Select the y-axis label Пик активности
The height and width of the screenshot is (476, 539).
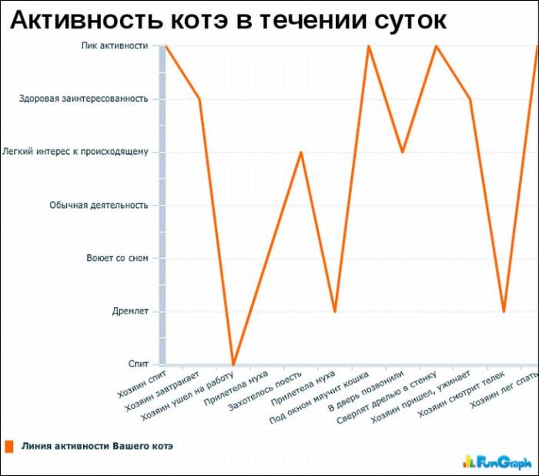click(x=115, y=45)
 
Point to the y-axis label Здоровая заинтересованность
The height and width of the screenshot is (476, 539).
click(x=84, y=99)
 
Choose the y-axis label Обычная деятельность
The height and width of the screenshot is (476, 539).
click(x=99, y=205)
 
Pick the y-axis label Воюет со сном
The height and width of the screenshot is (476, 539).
click(x=117, y=258)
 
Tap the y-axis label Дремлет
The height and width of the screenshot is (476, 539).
click(x=130, y=311)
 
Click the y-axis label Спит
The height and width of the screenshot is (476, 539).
click(x=139, y=364)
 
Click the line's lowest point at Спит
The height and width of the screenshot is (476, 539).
click(x=233, y=364)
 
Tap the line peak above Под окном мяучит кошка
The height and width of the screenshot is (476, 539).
click(x=368, y=46)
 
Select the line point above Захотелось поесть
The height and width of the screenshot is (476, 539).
click(x=301, y=152)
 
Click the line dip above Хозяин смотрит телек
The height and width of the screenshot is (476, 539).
click(x=504, y=311)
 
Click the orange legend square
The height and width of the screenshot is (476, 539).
click(x=9, y=446)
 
